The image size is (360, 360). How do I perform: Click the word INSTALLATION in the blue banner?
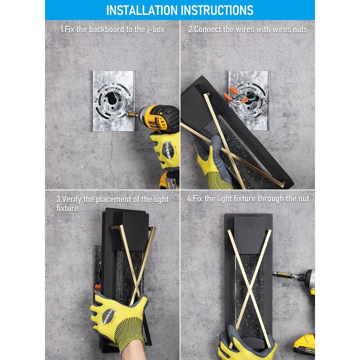click(142, 10)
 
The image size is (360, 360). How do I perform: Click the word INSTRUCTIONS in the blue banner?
click(217, 10)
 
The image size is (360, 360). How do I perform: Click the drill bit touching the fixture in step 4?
click(285, 274)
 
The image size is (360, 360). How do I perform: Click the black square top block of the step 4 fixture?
click(249, 235)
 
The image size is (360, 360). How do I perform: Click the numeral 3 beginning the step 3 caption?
click(58, 199)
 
